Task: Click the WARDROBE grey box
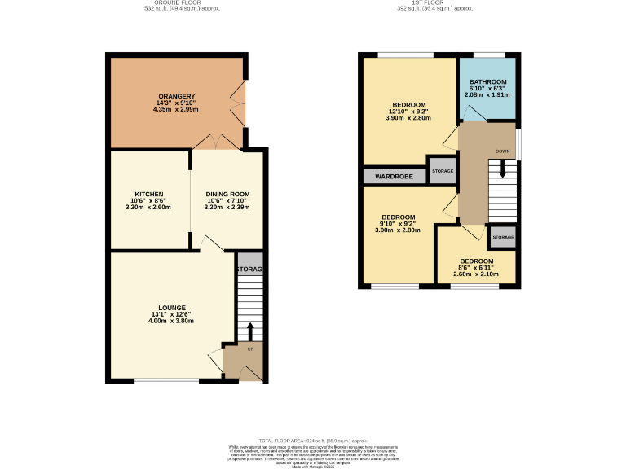[395, 176]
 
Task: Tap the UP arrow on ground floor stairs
[250, 331]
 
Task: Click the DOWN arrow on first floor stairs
[503, 169]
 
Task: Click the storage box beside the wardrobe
[443, 171]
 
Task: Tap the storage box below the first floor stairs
[503, 238]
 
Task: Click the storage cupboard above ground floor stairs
[249, 269]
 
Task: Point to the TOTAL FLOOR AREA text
[313, 440]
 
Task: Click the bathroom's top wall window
[488, 55]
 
